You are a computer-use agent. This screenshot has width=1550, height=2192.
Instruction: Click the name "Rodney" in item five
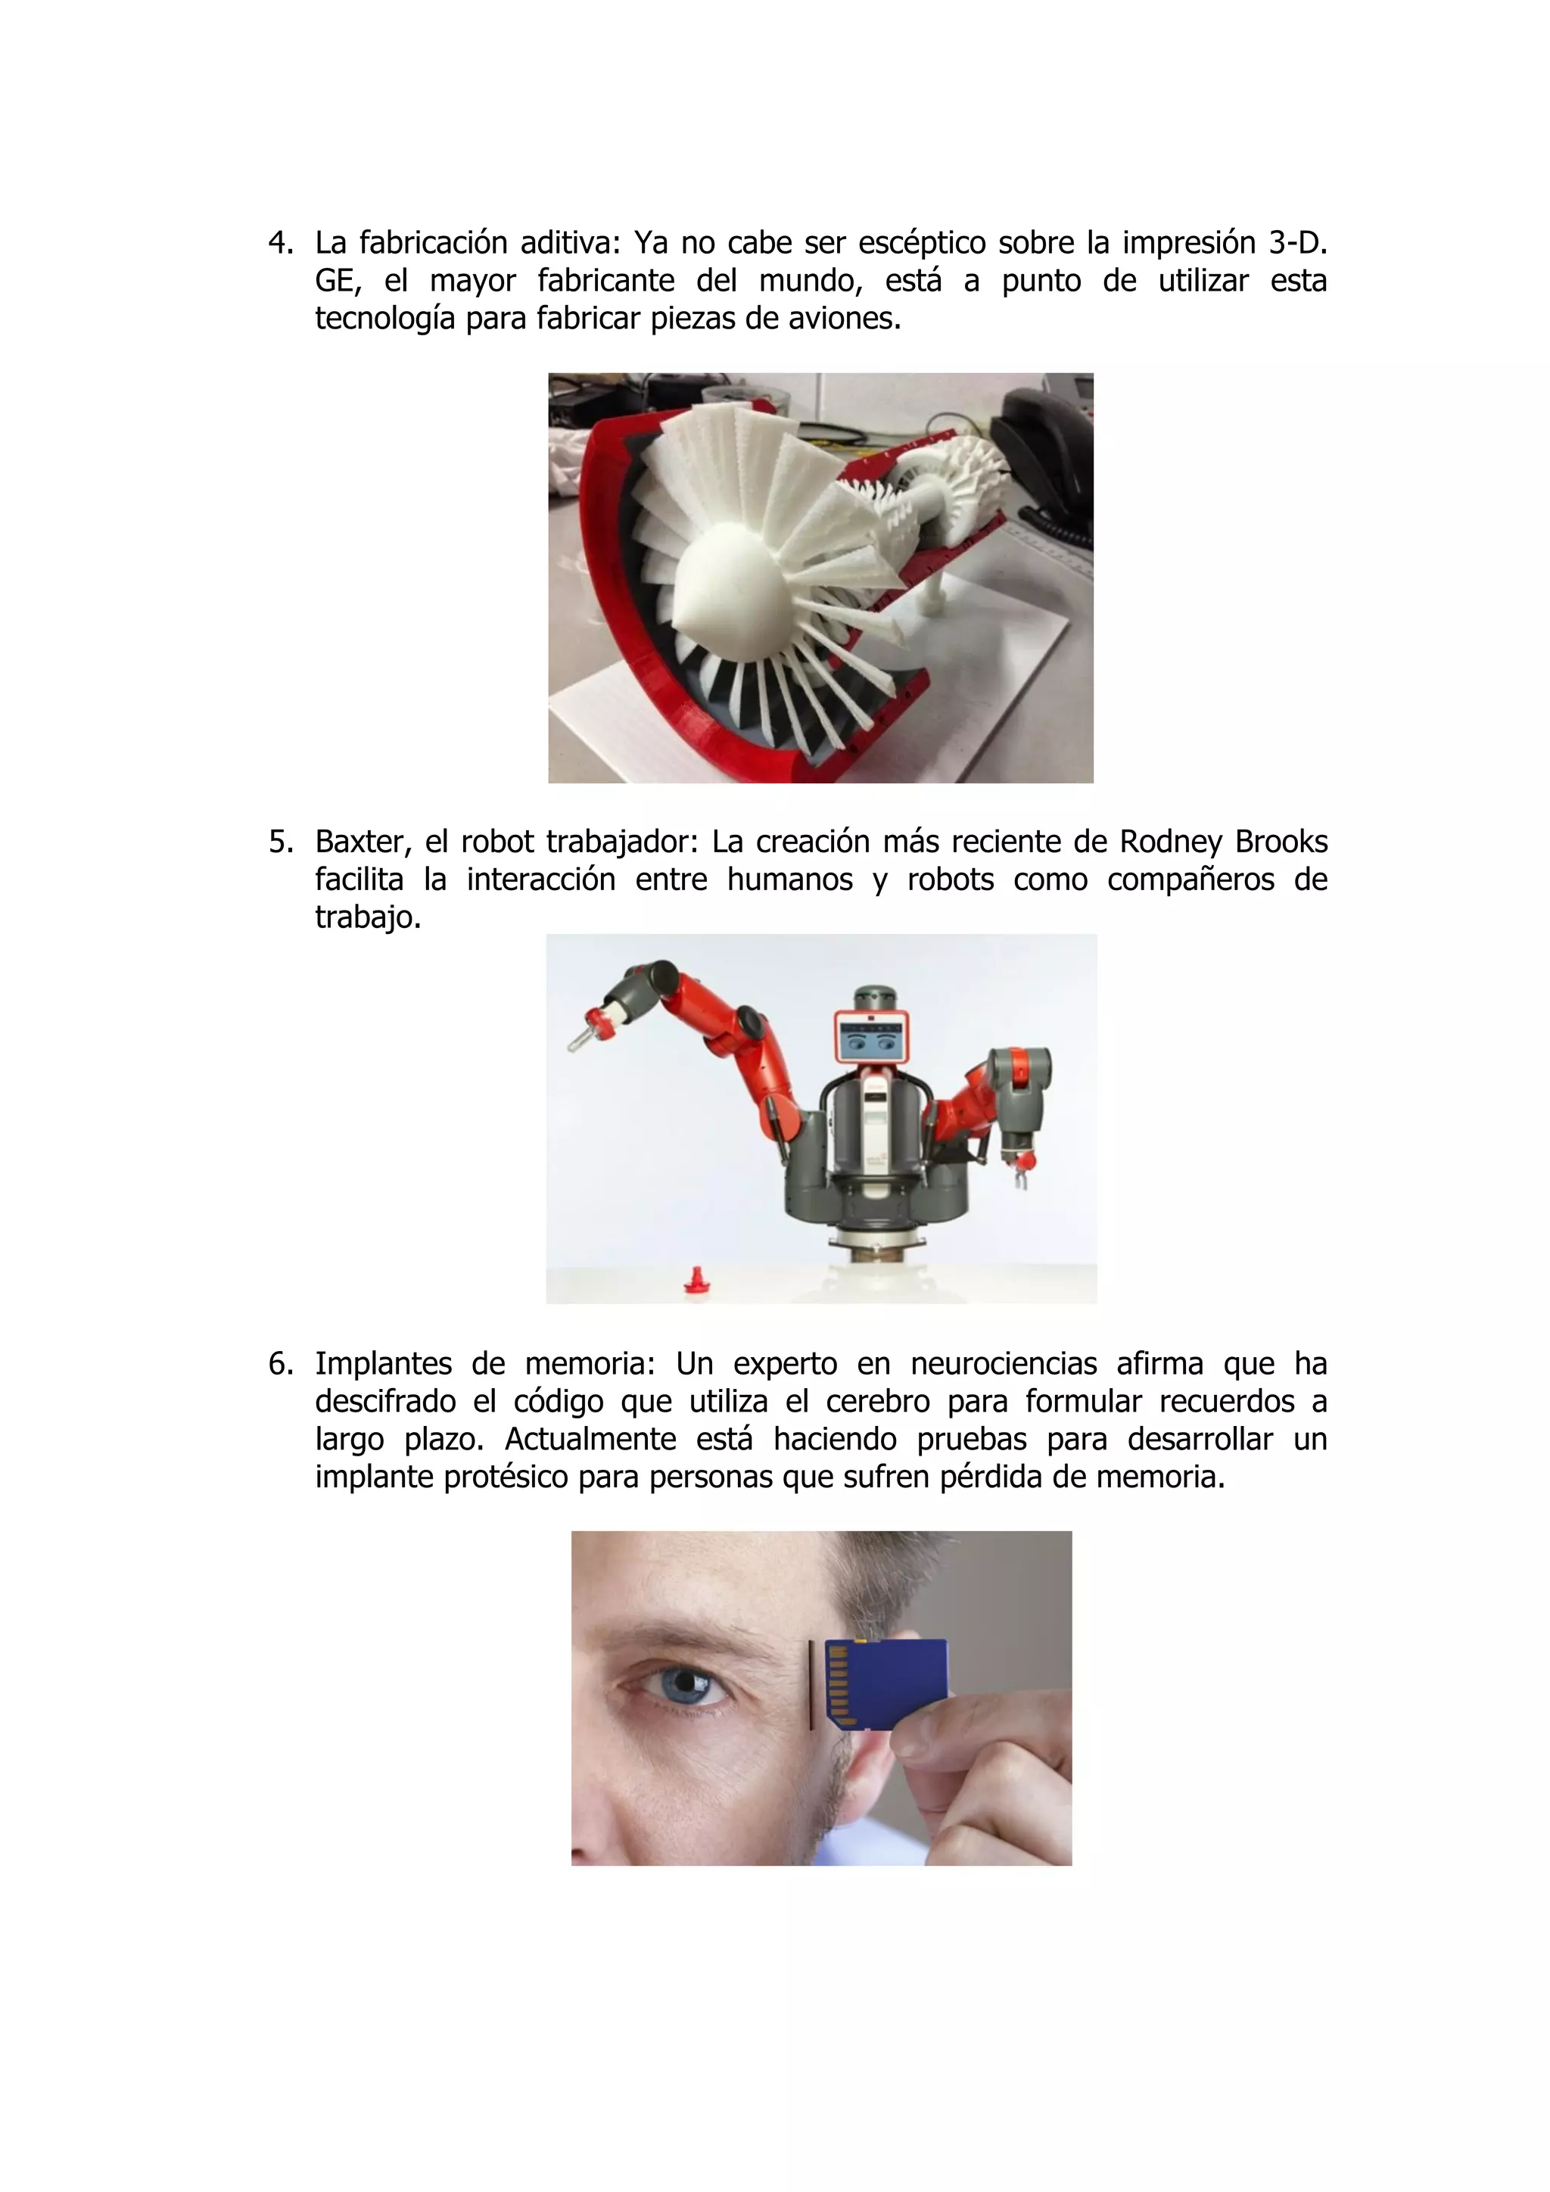tap(1170, 842)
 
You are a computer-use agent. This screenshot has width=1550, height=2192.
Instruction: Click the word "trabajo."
tap(368, 917)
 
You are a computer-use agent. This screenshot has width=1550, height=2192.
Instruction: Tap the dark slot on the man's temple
tap(811, 1685)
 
